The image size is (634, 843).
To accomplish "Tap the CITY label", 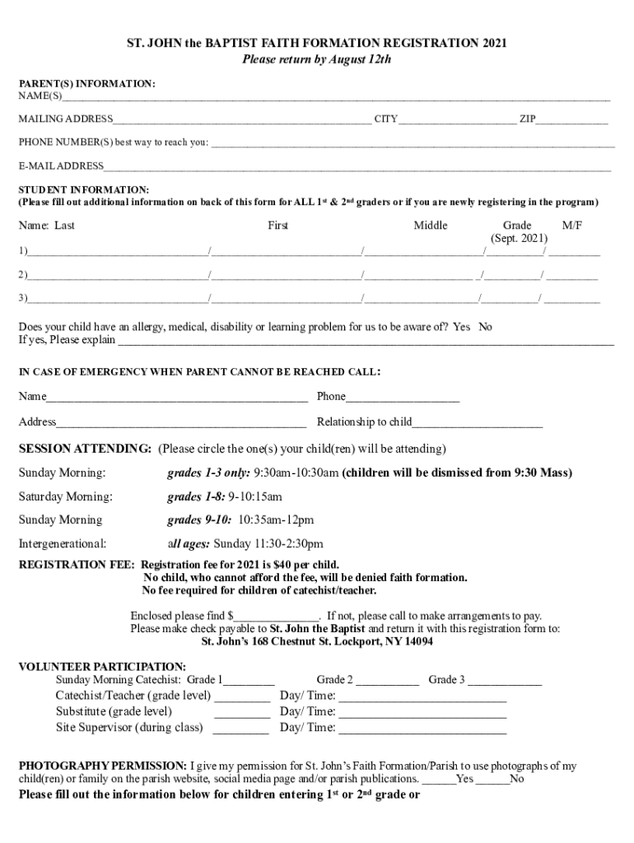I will [x=386, y=119].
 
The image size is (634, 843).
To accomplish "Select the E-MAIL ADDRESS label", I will [x=62, y=166].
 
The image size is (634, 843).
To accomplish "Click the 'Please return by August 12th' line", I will [x=316, y=59].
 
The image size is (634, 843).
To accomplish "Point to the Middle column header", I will [x=431, y=226].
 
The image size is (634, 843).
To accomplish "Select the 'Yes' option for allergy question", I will [x=461, y=327].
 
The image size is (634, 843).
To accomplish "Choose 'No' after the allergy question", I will [x=485, y=327].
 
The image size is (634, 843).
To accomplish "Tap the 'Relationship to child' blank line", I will [x=478, y=424].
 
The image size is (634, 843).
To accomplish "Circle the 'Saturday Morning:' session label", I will [x=66, y=497].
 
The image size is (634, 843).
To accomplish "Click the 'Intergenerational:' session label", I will [x=63, y=544].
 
